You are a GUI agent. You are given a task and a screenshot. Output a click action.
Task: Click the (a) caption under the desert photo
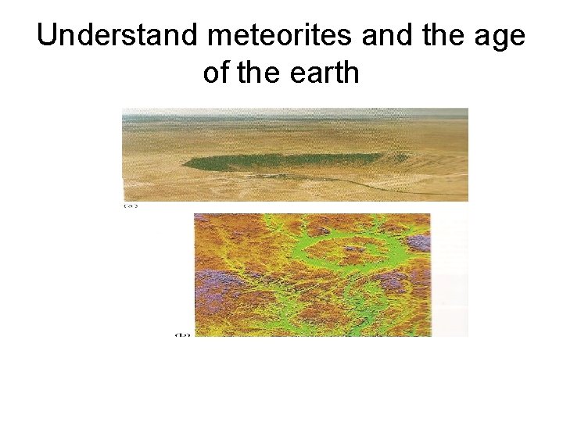point(130,206)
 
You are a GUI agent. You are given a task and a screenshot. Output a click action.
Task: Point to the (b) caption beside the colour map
point(182,334)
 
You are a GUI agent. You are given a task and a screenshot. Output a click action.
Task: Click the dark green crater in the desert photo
point(289,161)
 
